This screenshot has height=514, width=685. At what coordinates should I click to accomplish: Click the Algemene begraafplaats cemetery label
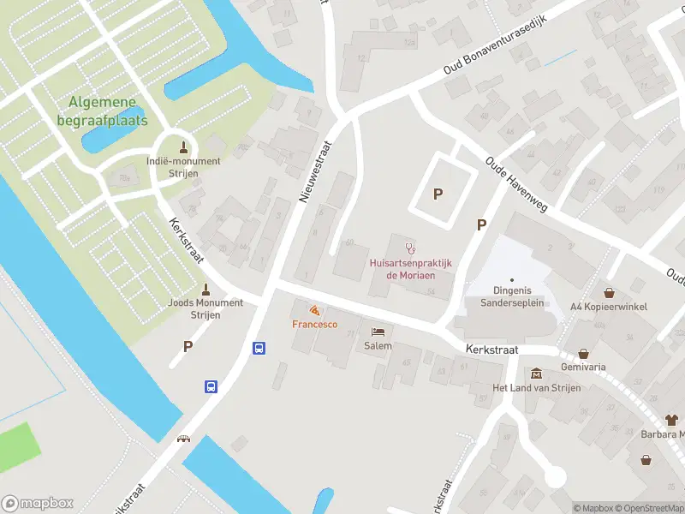click(108, 111)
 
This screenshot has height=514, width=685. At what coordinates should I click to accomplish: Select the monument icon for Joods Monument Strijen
click(205, 289)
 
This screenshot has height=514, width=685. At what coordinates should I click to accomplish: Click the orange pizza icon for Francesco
click(314, 309)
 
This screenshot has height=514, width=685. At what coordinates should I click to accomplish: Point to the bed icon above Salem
click(378, 332)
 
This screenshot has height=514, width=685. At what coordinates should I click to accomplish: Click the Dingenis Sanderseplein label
click(511, 296)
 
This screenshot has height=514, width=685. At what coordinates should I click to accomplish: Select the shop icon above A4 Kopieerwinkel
click(610, 292)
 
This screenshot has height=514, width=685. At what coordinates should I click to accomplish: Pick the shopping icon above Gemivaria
click(584, 352)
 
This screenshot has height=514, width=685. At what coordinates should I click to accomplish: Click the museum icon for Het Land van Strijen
click(536, 374)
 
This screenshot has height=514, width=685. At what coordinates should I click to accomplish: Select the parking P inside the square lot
click(438, 194)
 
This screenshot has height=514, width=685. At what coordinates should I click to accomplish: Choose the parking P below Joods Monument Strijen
click(188, 347)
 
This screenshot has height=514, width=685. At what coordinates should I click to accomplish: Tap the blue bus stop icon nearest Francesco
click(259, 348)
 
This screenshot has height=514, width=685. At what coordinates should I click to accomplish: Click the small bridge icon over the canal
click(183, 439)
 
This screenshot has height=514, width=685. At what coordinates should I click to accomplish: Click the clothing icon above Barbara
click(671, 420)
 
